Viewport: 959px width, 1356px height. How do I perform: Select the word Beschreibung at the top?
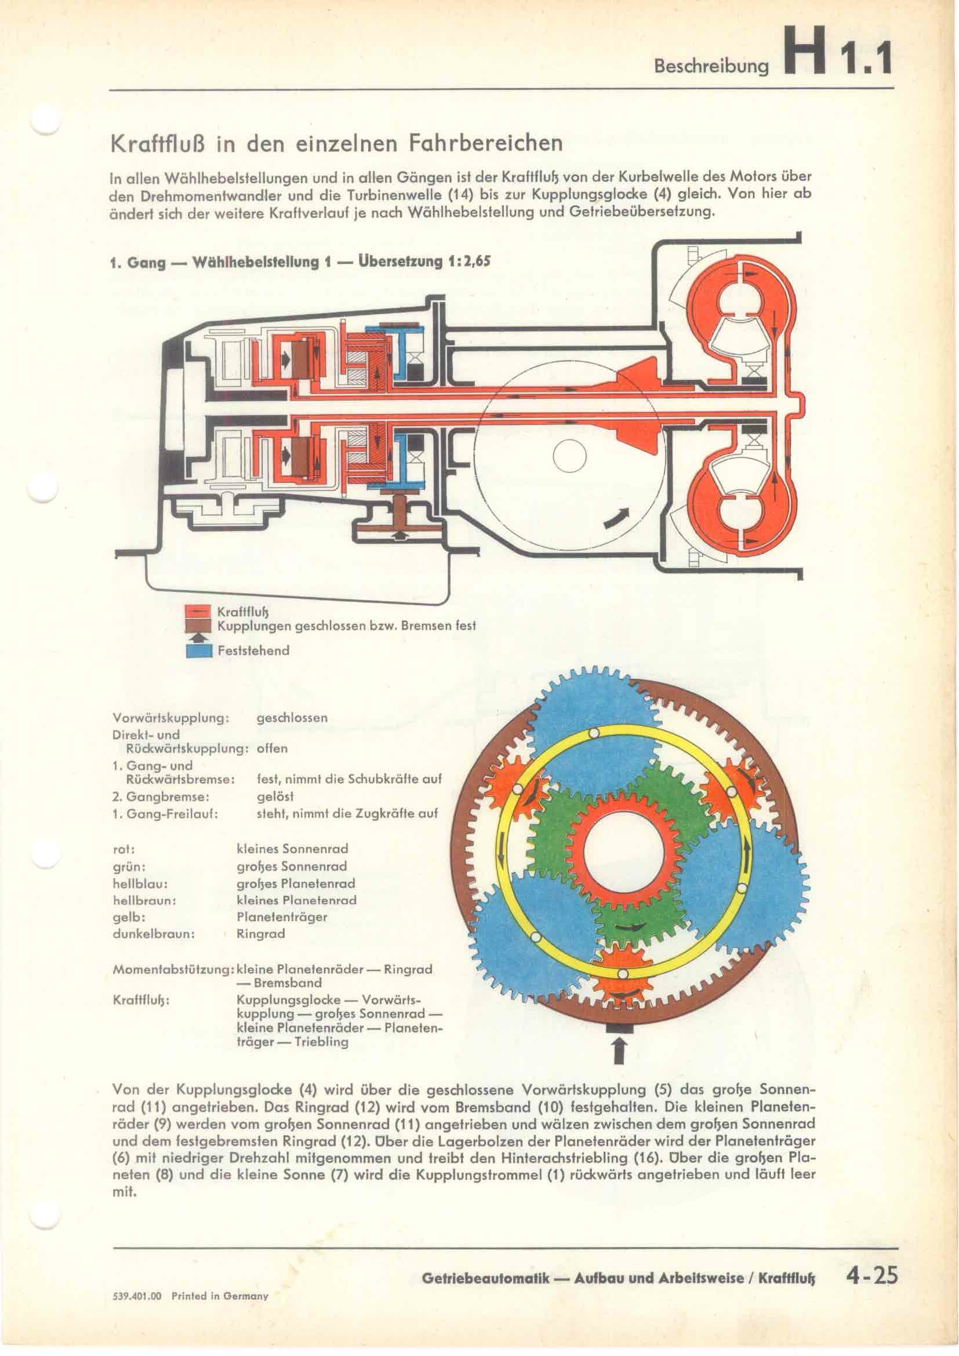[x=711, y=67]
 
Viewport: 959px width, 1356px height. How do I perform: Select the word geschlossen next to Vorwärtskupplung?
[x=292, y=718]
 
